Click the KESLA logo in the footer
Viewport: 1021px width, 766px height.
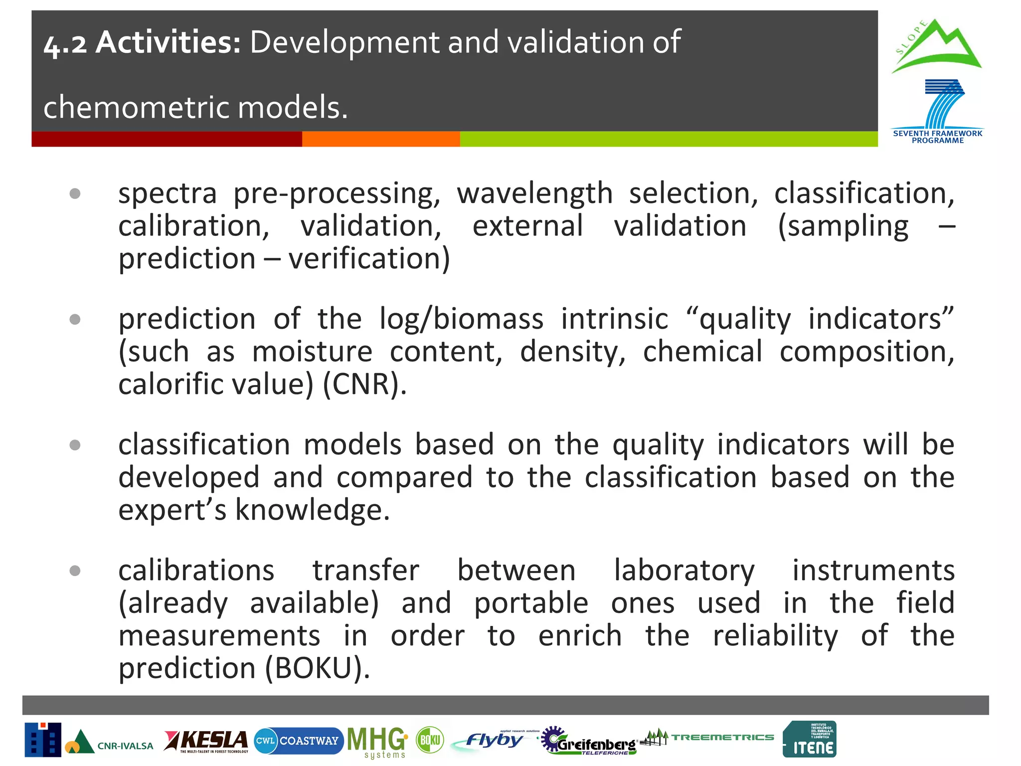coord(206,741)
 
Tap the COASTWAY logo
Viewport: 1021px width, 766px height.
coord(298,741)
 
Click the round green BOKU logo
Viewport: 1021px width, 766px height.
coord(430,740)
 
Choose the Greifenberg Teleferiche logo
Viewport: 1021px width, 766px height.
coord(589,742)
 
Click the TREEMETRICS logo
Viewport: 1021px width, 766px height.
coord(708,737)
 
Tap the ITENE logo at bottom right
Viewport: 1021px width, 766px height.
coord(810,740)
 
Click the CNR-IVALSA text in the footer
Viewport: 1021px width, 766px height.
coord(125,746)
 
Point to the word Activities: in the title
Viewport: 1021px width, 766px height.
coord(168,42)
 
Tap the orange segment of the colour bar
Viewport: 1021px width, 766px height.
coord(380,139)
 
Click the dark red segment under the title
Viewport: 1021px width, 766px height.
coord(167,139)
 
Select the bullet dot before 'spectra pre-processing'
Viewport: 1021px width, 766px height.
coord(75,193)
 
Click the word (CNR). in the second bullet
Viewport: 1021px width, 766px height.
coord(364,384)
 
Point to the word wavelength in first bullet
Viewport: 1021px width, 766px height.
coord(534,193)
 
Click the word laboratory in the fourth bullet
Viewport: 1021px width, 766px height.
coord(684,571)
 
